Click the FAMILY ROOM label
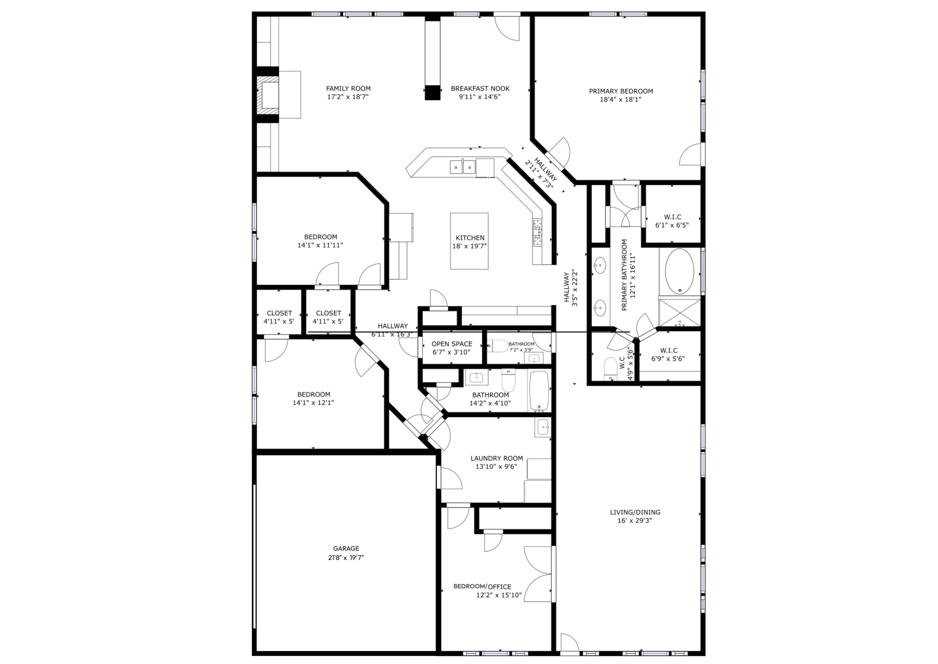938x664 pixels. [348, 88]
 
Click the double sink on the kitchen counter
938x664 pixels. [462, 167]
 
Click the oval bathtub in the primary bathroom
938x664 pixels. [679, 271]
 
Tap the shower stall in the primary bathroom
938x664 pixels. [679, 313]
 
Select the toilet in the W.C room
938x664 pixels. [610, 368]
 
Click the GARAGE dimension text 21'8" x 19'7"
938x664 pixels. [346, 557]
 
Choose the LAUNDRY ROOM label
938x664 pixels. [496, 458]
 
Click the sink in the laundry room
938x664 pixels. [543, 428]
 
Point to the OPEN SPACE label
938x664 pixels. [452, 344]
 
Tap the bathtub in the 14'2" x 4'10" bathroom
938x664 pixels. [540, 391]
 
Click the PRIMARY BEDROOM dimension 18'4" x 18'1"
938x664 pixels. [620, 99]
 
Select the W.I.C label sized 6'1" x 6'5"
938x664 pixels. [672, 217]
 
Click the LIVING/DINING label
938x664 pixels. [635, 512]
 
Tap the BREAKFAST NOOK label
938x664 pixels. [480, 88]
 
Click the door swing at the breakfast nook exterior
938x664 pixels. [508, 28]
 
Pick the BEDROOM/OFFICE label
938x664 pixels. [482, 586]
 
